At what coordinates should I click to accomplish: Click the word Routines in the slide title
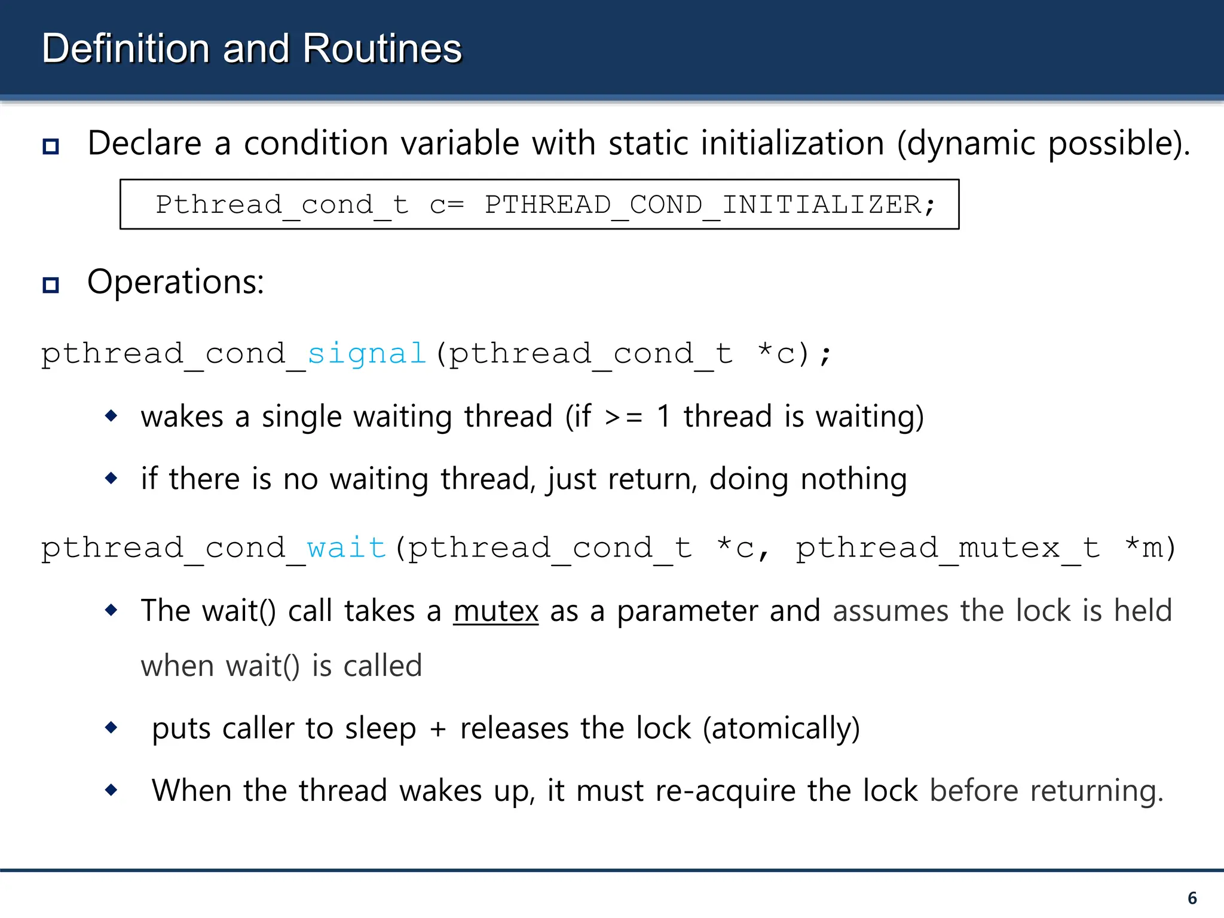pos(382,48)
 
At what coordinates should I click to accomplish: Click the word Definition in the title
pos(126,48)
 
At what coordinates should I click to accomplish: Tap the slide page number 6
pos(1192,898)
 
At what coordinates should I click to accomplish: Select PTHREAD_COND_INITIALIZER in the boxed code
pos(703,205)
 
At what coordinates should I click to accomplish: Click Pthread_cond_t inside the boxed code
pos(282,205)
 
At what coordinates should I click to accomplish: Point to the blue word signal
pos(366,353)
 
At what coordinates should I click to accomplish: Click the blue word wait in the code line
pos(347,547)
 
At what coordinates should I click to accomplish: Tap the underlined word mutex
pos(495,611)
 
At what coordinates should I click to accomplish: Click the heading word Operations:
pos(176,281)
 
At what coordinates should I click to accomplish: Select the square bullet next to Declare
pos(51,146)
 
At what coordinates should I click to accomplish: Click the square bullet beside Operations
pos(51,284)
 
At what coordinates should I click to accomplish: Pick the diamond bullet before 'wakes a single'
pos(111,415)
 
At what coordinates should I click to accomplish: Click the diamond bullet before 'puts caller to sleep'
pos(111,727)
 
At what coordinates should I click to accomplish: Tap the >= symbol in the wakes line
pos(623,417)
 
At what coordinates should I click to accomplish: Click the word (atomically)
pos(781,729)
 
